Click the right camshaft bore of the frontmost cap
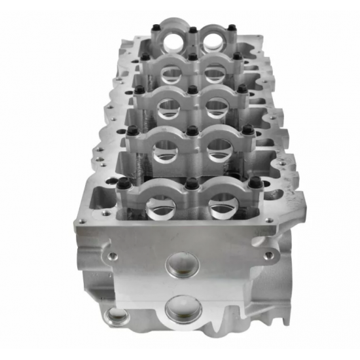click(x=221, y=207)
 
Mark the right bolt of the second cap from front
click(x=249, y=129)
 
